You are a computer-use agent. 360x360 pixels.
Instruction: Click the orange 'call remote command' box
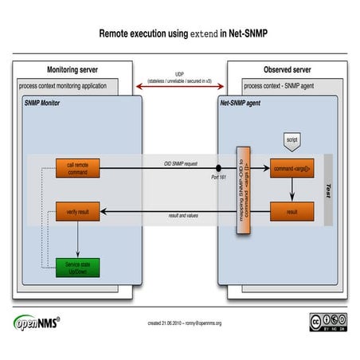(x=77, y=168)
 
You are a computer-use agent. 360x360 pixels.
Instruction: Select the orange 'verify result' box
(x=77, y=213)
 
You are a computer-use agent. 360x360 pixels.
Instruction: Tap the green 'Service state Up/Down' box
(x=77, y=267)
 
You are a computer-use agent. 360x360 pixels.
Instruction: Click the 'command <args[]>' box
(x=292, y=168)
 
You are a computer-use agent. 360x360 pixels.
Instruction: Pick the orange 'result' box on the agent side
(x=292, y=212)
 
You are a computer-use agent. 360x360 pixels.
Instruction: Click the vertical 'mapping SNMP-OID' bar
(x=245, y=190)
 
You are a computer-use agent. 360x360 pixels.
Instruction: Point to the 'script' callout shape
(x=291, y=138)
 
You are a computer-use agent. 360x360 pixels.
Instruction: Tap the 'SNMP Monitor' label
(x=41, y=104)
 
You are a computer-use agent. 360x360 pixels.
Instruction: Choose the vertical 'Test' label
(x=329, y=190)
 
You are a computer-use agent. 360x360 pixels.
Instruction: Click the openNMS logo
(x=37, y=322)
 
